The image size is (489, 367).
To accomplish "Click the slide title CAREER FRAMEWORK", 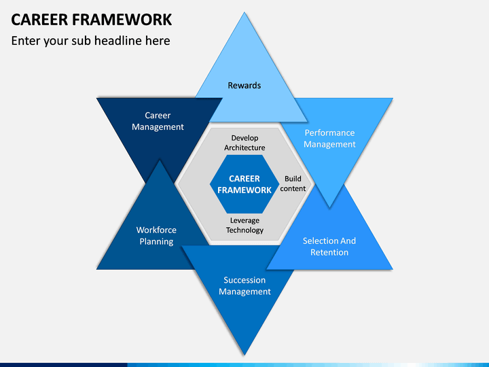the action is [x=92, y=20].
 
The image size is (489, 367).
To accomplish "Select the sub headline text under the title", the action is [x=91, y=41].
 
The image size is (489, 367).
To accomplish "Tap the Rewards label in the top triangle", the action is [x=244, y=85].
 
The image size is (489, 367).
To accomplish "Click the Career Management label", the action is [x=158, y=121].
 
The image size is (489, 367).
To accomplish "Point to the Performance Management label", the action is [x=329, y=139].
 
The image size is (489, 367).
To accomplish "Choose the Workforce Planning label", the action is [x=156, y=236].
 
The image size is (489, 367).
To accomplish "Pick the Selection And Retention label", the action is [x=329, y=247].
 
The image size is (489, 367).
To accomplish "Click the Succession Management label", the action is [x=244, y=285].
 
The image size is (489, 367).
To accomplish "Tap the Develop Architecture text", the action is [x=244, y=143].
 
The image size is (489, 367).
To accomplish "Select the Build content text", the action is [x=293, y=183].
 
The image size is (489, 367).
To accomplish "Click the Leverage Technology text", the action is [x=244, y=226].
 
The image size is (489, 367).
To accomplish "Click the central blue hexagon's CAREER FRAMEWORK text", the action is [x=244, y=184].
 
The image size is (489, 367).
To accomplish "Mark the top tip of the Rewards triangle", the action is [x=244, y=12].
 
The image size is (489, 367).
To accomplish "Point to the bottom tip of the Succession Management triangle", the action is [x=244, y=355].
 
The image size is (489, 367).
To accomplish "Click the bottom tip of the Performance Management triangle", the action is [x=329, y=207].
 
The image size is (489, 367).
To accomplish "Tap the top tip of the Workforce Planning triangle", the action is [x=160, y=160].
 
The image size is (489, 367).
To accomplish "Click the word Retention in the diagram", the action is [x=329, y=252].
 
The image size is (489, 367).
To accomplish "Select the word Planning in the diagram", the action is [x=156, y=241].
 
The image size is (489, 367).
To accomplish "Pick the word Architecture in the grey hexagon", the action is [x=244, y=147].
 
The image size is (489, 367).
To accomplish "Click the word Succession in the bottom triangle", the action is [x=244, y=280].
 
